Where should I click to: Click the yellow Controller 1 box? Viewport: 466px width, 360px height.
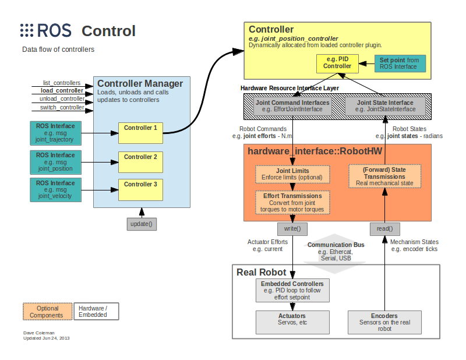[140, 133]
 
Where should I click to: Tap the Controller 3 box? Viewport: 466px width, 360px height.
[140, 188]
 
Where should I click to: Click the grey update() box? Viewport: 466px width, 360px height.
[143, 224]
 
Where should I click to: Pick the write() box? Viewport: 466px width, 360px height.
[292, 228]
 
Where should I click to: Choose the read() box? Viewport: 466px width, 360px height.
[384, 228]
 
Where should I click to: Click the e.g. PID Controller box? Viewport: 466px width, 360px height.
[337, 63]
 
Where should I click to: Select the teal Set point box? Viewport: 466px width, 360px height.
[400, 63]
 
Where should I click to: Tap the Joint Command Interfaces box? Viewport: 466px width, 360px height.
[292, 106]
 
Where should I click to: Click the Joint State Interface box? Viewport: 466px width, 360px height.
[384, 106]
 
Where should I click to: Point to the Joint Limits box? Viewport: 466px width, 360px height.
[292, 174]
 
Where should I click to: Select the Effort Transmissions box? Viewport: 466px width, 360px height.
[292, 203]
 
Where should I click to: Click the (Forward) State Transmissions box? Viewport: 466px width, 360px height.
[384, 176]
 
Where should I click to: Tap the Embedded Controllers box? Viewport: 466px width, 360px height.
[292, 290]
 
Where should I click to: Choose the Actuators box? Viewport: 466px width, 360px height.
[292, 321]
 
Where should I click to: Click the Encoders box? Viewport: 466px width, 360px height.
[384, 321]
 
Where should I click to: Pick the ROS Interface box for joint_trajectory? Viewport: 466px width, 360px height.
[55, 133]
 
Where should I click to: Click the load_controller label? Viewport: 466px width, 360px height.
[62, 91]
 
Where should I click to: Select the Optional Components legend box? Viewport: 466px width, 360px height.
[48, 312]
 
